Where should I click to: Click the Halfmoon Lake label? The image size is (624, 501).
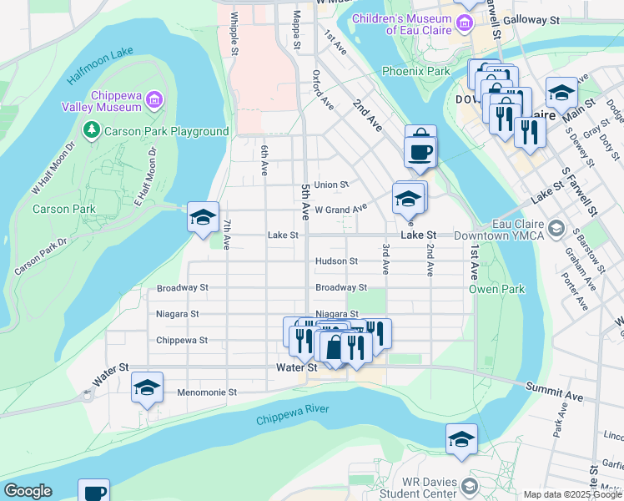pos(99,65)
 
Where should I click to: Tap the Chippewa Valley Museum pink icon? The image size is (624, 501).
pos(153,101)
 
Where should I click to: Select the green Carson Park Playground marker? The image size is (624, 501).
pos(90,130)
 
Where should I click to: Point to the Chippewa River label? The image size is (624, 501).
pos(293,413)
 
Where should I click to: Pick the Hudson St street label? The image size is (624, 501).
pos(336,261)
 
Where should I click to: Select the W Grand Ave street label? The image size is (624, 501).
pos(340,209)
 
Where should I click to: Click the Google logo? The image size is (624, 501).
pos(27,491)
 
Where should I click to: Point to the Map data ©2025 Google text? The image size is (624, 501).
pos(572,494)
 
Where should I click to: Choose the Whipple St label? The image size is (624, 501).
pos(235,33)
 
